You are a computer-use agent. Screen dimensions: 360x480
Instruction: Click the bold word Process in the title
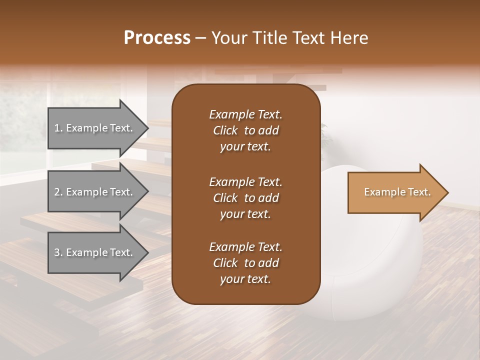coord(157,38)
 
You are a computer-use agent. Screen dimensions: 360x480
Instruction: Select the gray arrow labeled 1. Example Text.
coord(95,128)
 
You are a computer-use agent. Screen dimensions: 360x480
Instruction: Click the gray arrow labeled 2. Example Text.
coord(95,192)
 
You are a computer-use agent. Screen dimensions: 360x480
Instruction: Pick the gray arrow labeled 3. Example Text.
coord(95,252)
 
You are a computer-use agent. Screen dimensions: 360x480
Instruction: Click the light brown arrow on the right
coord(395,192)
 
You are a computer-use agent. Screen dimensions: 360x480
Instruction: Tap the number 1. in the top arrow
coord(58,128)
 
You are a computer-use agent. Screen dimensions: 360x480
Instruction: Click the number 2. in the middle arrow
coord(58,192)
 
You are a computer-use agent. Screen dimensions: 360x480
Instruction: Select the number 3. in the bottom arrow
coord(58,252)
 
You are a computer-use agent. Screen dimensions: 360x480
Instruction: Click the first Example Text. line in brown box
coord(245,114)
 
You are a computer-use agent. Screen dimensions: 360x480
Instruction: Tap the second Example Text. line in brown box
coord(245,181)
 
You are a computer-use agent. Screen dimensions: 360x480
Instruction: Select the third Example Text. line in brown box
coord(245,247)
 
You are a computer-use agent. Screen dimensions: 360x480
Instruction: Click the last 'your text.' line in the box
coord(245,279)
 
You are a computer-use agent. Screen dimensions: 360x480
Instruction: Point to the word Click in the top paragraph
coord(225,130)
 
